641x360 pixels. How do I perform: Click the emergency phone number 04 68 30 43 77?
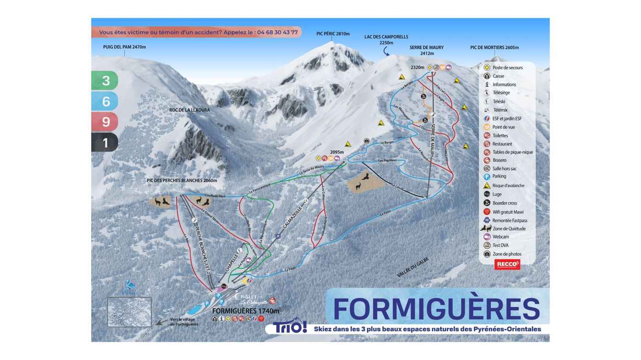pos(277,33)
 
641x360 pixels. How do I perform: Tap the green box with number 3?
pos(105,81)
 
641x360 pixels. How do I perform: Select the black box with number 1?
pos(105,143)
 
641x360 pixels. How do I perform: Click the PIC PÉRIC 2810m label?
pos(333,34)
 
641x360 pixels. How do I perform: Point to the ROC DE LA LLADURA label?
pos(190,110)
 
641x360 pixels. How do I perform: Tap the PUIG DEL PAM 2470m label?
pos(125,47)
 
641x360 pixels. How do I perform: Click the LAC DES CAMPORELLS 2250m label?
pos(386,40)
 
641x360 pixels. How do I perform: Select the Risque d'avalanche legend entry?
pos(507,185)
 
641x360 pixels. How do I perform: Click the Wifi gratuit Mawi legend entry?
pos(507,212)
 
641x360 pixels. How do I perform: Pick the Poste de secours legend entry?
pos(507,68)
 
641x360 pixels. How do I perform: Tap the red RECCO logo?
pos(507,264)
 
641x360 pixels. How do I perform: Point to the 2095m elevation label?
pos(337,152)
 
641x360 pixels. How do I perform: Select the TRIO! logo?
pos(290,327)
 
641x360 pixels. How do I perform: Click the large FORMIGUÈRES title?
pos(436,309)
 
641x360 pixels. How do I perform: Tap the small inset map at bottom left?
pos(129,312)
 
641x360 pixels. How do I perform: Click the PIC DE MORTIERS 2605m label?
pos(494,48)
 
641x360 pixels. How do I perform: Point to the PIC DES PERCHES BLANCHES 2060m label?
pos(182,180)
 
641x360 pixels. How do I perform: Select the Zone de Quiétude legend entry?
pos(508,229)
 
